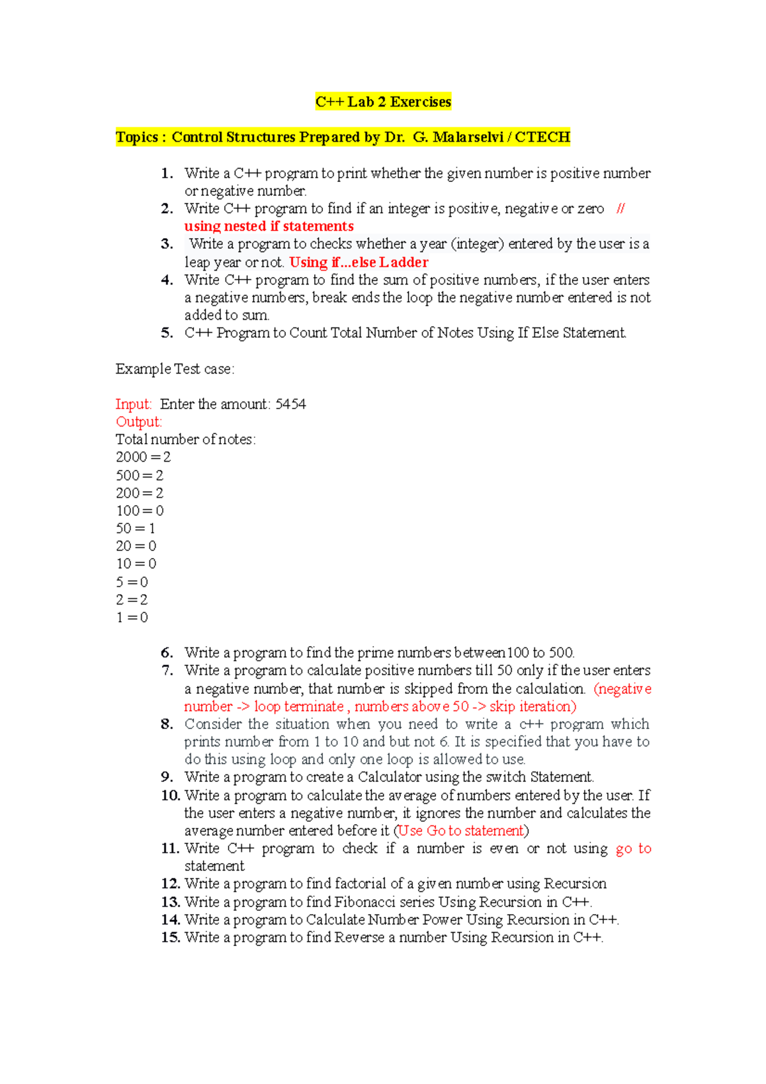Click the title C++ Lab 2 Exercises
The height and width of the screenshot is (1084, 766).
tap(383, 102)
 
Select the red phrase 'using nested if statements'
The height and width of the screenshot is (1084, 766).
tap(269, 226)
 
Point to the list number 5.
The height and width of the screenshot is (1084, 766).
tap(167, 333)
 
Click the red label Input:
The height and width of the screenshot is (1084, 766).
tap(133, 404)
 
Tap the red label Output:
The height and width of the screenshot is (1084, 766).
tap(139, 422)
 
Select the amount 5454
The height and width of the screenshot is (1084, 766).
tap(290, 404)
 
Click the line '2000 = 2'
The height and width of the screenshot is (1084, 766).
tap(143, 457)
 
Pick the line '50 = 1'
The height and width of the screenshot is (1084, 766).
tap(135, 529)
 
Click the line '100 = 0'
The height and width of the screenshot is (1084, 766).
tap(139, 511)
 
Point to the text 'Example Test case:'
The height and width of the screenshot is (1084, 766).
tap(175, 369)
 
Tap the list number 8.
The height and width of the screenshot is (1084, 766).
tap(167, 724)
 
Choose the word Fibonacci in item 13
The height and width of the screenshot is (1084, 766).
tap(366, 902)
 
